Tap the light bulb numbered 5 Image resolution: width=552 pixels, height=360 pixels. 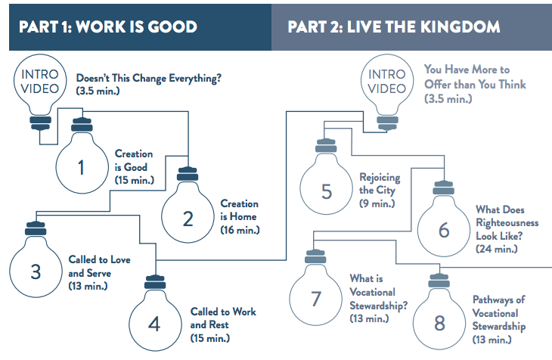326,189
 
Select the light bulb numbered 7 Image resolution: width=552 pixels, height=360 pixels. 316,297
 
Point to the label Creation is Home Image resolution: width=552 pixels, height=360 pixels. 240,210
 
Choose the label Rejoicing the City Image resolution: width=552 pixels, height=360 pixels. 380,189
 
